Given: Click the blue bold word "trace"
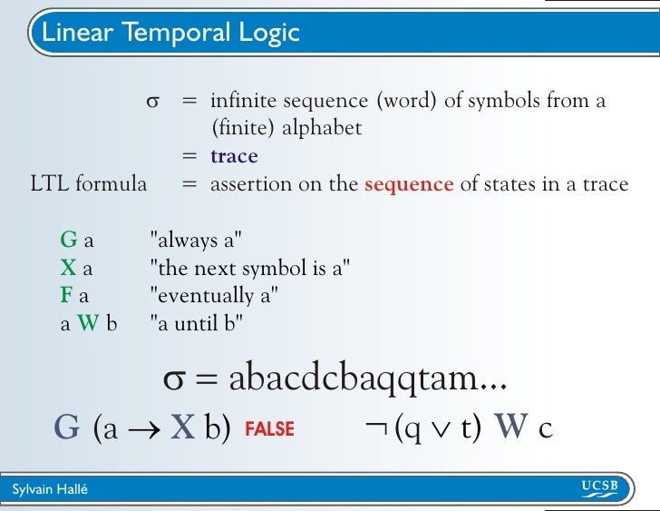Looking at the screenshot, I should [234, 156].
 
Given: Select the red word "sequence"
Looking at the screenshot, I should [408, 183].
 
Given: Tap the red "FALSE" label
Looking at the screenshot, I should [269, 428].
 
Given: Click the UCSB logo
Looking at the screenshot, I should [599, 488].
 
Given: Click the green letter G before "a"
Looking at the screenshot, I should [68, 241].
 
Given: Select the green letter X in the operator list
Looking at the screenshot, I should [68, 268].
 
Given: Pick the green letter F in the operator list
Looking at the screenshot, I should [67, 295].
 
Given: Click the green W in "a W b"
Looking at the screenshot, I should [87, 322].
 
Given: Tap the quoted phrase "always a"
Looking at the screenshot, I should [196, 241].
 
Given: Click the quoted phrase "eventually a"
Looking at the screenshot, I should [214, 295].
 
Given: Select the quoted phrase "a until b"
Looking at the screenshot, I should [197, 322].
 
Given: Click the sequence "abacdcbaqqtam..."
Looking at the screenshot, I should [367, 379].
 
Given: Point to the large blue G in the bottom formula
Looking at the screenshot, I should [67, 427].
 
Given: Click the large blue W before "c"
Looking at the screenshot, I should [511, 427].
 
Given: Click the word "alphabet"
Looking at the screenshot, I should [322, 129].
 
